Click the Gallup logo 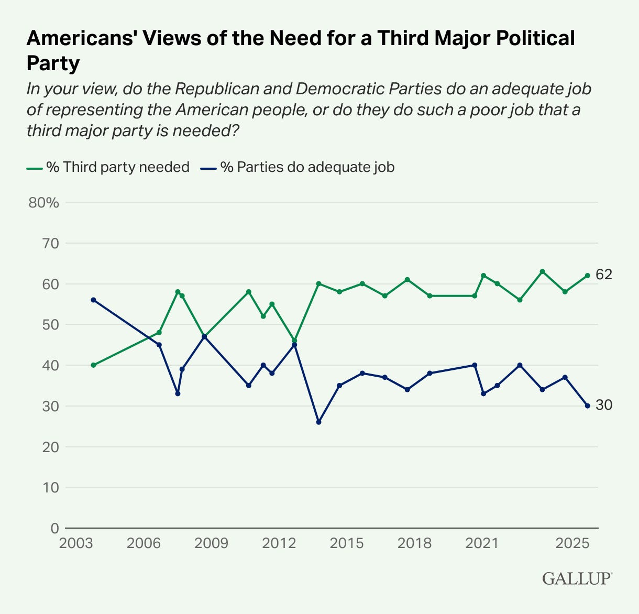[x=577, y=578]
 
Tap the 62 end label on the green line [x=604, y=275]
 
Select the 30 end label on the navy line [x=604, y=405]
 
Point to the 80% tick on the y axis [x=44, y=203]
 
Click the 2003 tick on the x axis [x=76, y=543]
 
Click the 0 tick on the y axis [x=54, y=528]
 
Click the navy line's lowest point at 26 [x=318, y=422]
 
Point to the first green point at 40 [x=93, y=365]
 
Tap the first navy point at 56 [x=93, y=300]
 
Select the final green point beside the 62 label [x=588, y=276]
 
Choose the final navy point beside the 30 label [x=588, y=405]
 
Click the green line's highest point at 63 [x=543, y=271]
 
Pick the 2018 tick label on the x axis [x=415, y=543]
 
